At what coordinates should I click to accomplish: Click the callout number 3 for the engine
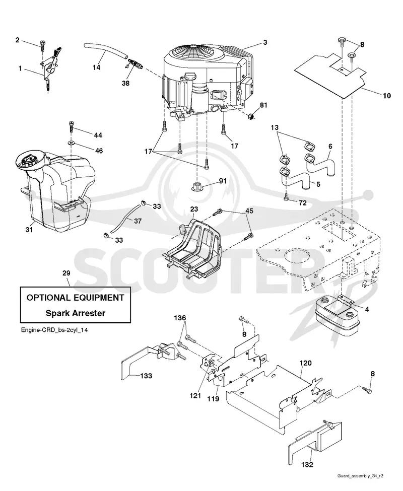265,42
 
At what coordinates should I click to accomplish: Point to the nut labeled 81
251,116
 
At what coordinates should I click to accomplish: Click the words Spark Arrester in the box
76,313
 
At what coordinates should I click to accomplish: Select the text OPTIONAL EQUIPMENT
76,298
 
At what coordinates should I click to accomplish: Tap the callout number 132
307,464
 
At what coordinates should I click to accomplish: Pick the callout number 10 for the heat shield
387,96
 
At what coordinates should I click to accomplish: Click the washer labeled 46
71,144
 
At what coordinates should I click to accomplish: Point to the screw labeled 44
71,127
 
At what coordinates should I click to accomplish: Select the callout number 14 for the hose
96,67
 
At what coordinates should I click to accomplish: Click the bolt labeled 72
287,197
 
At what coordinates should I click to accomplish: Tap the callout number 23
194,209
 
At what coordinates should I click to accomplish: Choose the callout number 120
305,363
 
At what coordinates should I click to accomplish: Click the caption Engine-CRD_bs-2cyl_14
54,330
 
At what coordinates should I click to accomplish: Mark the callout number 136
180,318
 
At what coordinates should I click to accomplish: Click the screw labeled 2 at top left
42,44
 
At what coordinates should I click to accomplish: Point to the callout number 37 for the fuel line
138,221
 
